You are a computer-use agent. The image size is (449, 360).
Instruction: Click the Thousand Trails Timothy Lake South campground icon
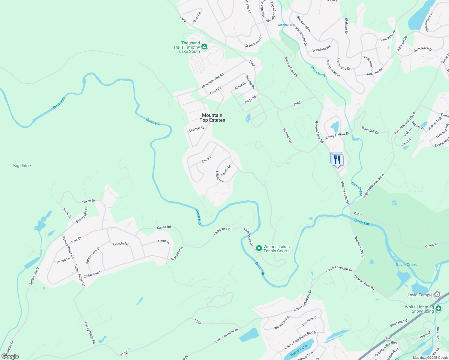(204, 46)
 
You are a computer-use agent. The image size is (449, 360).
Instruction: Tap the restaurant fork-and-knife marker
(338, 160)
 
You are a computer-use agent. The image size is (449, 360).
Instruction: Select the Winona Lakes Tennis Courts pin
(259, 248)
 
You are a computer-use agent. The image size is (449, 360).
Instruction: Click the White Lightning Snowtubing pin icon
(438, 308)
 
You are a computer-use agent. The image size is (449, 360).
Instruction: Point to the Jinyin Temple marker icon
(438, 295)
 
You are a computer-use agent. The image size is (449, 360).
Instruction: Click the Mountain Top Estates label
(212, 118)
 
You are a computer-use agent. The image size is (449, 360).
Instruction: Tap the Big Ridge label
(22, 166)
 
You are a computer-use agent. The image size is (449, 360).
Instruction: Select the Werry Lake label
(299, 350)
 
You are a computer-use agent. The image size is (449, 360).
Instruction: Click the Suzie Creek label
(406, 265)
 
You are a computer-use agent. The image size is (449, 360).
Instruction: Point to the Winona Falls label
(286, 25)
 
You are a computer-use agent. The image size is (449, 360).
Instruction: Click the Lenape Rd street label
(197, 129)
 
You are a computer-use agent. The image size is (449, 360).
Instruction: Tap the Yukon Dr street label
(88, 201)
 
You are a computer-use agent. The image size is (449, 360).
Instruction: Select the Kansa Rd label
(164, 227)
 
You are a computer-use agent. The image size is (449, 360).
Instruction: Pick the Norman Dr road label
(287, 135)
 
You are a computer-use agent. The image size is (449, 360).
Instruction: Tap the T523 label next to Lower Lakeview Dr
(124, 353)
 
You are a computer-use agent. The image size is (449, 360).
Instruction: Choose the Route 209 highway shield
(388, 338)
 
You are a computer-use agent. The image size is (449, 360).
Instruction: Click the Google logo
(10, 356)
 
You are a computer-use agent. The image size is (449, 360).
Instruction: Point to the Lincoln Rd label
(121, 244)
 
